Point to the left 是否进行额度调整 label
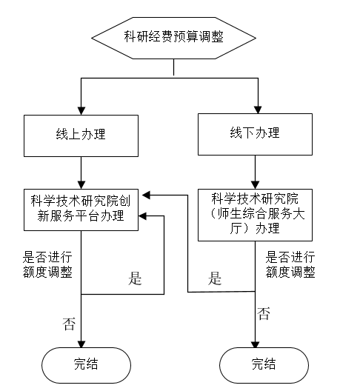pos(47,264)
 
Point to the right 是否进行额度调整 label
pos(290,264)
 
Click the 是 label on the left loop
pos(135,278)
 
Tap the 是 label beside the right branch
pos(215,278)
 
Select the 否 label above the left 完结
pos(69,324)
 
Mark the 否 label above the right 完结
pos(264,313)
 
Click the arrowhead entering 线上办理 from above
pos(81,111)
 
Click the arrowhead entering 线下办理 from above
pos(258,110)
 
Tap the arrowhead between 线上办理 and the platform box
pos(81,185)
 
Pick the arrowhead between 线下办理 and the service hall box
pos(255,185)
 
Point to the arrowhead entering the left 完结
pos(81,344)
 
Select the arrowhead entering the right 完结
pos(255,344)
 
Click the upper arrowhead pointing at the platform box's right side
pos(146,195)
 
